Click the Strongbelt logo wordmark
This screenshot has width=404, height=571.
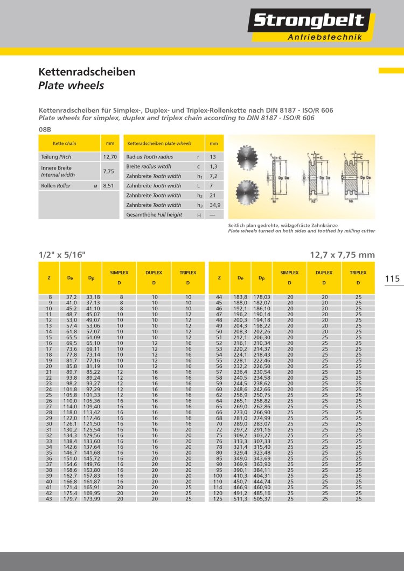tap(309, 21)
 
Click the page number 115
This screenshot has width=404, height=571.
tap(392, 278)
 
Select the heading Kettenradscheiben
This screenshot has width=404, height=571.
tap(87, 72)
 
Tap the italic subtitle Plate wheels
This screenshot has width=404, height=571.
tap(71, 85)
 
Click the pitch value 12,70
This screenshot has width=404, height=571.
tap(110, 157)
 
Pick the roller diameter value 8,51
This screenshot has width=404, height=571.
tap(110, 185)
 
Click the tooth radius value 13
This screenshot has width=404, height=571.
tap(213, 157)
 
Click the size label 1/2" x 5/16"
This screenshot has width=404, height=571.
tap(62, 255)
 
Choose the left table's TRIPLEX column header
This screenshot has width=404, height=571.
tap(188, 273)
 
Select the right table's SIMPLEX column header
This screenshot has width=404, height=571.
tap(289, 273)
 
